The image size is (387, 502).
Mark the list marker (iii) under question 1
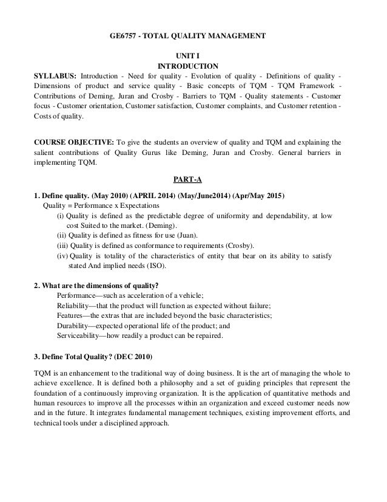(x=62, y=246)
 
